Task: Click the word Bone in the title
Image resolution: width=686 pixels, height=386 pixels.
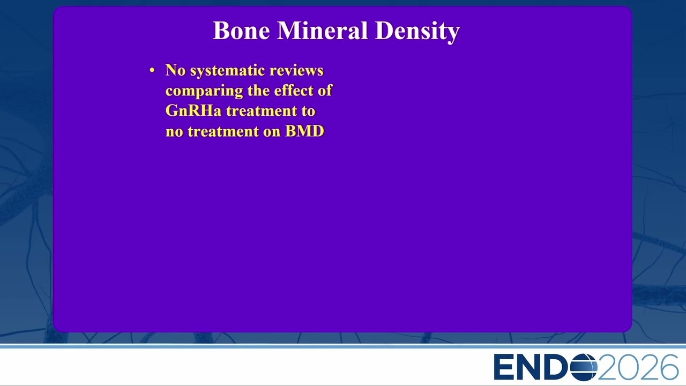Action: coord(241,31)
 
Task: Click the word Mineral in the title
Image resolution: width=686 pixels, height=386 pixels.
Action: coord(322,31)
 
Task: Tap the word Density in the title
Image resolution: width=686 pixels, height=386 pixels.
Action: coord(417,32)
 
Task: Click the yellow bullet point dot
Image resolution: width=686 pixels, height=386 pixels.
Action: coord(152,71)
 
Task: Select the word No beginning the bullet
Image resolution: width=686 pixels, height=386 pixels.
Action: coord(175,70)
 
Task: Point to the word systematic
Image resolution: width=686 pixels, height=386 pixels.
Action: coord(228,71)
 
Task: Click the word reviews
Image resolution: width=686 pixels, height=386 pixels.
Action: coord(296,70)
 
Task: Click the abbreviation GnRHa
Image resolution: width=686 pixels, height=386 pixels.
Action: coord(193,110)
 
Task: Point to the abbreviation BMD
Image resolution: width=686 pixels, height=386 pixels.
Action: coord(305,131)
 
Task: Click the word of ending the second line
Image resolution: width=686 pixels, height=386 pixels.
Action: coord(325,91)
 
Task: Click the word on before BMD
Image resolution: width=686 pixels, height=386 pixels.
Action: coord(272,132)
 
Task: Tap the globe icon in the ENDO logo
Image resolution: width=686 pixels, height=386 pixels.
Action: coord(584,367)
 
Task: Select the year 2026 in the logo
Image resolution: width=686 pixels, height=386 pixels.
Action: coord(638,367)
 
